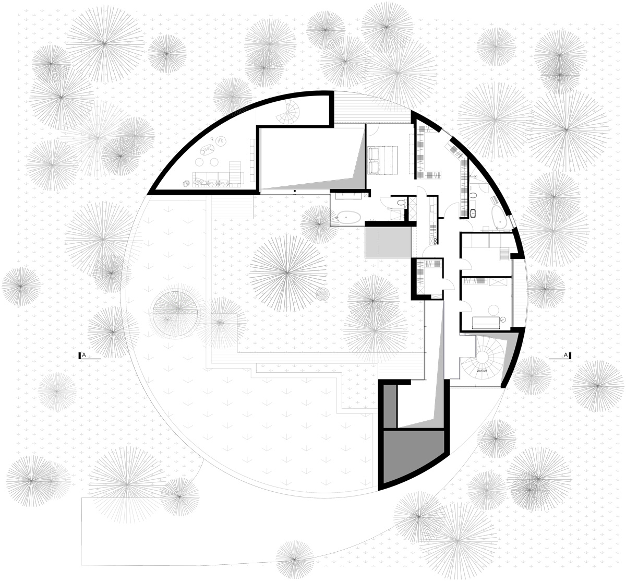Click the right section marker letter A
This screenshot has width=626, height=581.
click(566, 355)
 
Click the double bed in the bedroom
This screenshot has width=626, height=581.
click(383, 159)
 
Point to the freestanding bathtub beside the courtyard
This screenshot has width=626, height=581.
click(346, 217)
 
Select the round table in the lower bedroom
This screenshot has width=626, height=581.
click(503, 319)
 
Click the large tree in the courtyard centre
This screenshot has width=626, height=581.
click(285, 271)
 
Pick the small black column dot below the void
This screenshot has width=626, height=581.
click(295, 192)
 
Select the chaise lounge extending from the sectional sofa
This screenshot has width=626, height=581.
click(236, 173)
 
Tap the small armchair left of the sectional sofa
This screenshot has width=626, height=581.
click(186, 182)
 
